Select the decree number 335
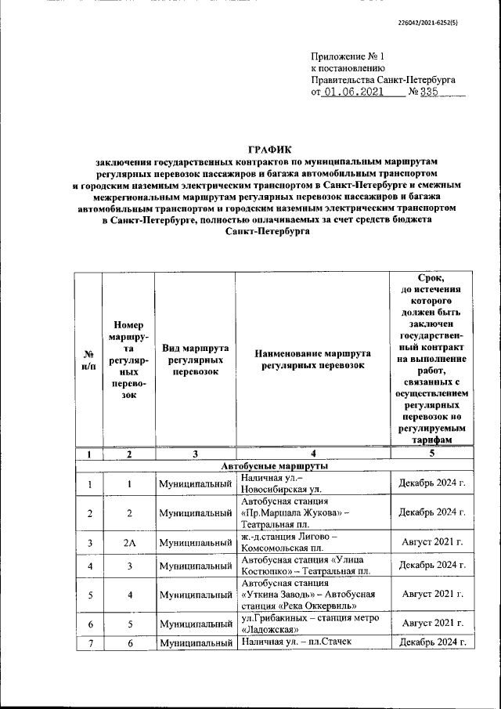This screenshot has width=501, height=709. pyautogui.click(x=430, y=92)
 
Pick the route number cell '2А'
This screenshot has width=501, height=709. pyautogui.click(x=129, y=541)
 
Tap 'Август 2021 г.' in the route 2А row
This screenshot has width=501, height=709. pyautogui.click(x=432, y=541)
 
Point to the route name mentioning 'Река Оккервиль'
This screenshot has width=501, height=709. pyautogui.click(x=308, y=594)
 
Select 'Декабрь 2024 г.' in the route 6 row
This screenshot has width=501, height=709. pyautogui.click(x=432, y=643)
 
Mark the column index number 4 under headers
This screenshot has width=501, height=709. pyautogui.click(x=312, y=454)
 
